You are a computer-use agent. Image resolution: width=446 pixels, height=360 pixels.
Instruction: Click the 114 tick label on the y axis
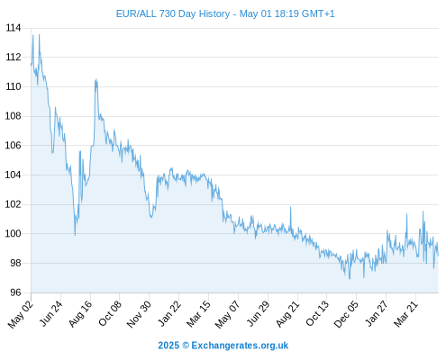14,28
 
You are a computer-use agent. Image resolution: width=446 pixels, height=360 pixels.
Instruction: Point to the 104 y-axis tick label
14,175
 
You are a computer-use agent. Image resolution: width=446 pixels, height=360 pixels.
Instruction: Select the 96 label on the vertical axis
15,292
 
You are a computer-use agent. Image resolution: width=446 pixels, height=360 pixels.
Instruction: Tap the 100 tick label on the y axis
14,234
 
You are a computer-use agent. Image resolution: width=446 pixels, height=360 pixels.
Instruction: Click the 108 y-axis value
14,116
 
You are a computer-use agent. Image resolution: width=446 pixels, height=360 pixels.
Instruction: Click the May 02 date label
21,314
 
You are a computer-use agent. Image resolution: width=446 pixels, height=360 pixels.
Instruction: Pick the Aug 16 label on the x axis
80,313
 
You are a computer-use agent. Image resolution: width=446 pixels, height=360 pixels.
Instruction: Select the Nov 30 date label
139,314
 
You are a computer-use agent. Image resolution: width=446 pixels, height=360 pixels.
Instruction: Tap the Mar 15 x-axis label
198,313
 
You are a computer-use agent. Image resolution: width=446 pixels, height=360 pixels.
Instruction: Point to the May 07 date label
228,314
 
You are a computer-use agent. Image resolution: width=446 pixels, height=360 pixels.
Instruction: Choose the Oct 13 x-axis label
317,313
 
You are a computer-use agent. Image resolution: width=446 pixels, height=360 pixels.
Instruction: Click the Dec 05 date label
346,314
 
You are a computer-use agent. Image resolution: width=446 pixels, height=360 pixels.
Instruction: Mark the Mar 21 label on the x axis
406,313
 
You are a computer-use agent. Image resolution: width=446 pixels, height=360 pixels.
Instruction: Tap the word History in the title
214,14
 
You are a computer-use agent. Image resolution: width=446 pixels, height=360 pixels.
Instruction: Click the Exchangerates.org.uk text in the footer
240,346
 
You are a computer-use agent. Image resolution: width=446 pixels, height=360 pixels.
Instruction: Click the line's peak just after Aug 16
96,79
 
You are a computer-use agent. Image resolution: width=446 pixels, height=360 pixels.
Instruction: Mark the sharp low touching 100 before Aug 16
75,235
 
